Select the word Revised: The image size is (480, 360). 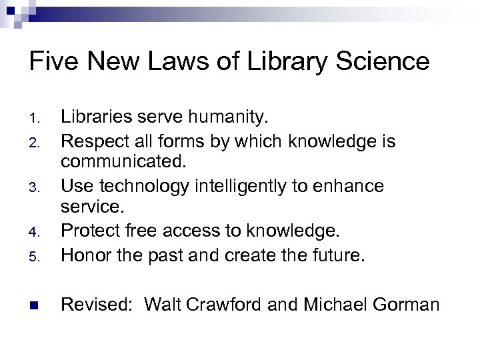tap(98, 305)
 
